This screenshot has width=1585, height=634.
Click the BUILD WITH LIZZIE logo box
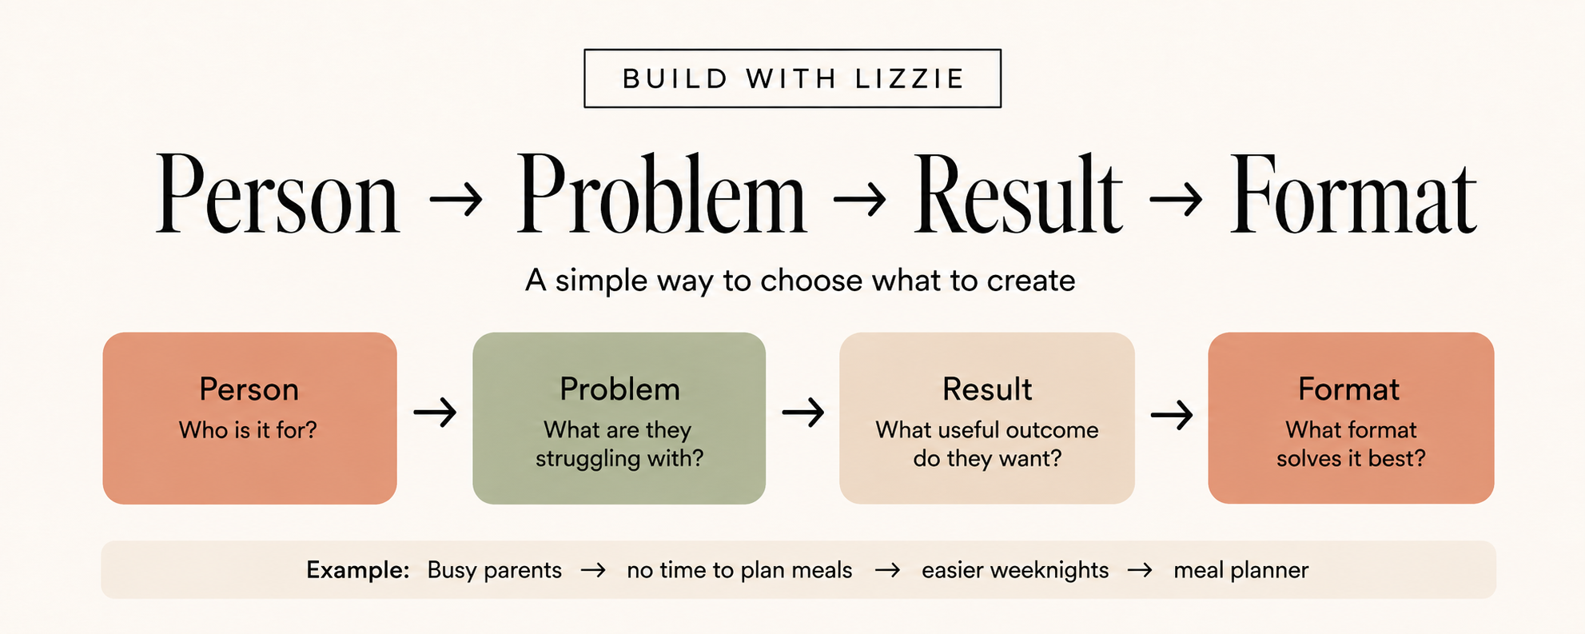[x=792, y=78]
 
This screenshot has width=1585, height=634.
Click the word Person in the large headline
[x=277, y=195]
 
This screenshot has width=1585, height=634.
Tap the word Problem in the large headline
[x=661, y=195]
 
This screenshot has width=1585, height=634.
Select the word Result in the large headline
[x=1018, y=195]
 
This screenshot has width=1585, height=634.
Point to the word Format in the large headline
[x=1352, y=195]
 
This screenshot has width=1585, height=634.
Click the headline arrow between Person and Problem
[x=456, y=199]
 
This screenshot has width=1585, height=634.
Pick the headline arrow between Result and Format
[x=1176, y=199]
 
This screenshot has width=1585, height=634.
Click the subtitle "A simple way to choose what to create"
[x=800, y=281]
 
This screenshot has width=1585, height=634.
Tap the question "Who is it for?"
[x=248, y=430]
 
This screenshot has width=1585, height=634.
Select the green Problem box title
[x=619, y=389]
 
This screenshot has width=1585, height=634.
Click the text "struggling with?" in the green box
[x=619, y=459]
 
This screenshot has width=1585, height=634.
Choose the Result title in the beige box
[x=987, y=389]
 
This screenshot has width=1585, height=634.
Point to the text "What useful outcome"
[x=987, y=430]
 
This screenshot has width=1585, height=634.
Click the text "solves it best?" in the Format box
[x=1351, y=459]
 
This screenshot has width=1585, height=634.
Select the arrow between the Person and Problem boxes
[x=435, y=413]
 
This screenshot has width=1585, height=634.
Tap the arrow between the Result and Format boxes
[x=1172, y=414]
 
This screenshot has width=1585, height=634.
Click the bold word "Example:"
[x=358, y=570]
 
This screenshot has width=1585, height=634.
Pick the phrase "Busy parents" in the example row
[x=495, y=571]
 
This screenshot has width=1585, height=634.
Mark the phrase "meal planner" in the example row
[x=1241, y=571]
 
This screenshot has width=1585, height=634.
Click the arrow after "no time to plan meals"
[x=887, y=571]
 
